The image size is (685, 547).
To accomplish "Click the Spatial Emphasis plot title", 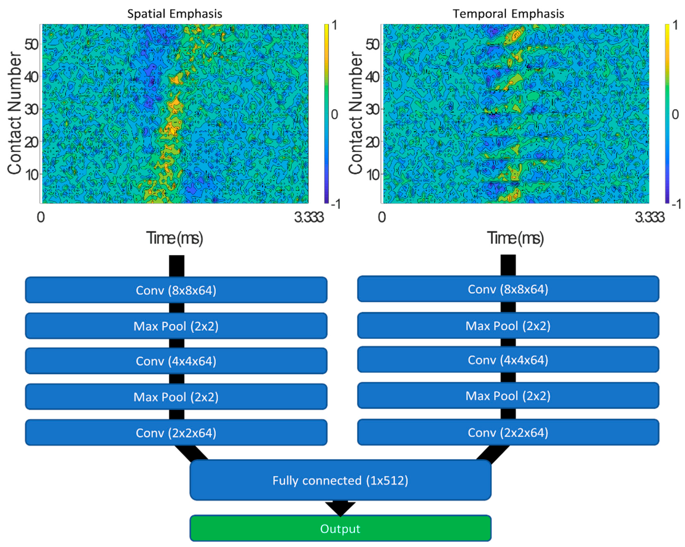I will [174, 14].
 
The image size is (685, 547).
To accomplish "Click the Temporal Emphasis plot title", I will [508, 14].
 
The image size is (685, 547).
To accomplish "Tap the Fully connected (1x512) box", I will [340, 480].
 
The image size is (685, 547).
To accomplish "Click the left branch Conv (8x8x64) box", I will [176, 290].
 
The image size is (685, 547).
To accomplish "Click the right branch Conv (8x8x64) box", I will [508, 289].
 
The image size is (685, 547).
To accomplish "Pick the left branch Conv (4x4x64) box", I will [176, 361].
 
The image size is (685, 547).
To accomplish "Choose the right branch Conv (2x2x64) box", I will [508, 432].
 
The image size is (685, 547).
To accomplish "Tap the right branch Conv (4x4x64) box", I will [508, 360].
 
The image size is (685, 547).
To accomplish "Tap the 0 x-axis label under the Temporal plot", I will [382, 217].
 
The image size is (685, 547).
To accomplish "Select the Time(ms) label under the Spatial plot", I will [174, 238].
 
